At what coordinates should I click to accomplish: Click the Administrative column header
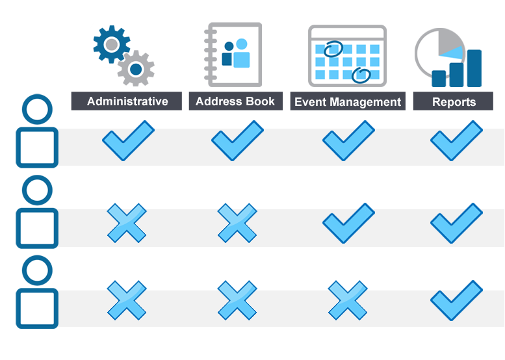pos(127,101)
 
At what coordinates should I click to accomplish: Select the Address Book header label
pos(235,101)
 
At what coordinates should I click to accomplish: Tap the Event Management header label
pos(348,101)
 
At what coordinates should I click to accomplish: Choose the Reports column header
pos(453,101)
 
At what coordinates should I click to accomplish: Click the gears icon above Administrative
pos(122,55)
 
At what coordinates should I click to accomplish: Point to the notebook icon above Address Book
pos(233,55)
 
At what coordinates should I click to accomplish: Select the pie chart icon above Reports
pos(448,57)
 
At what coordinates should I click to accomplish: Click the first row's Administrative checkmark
pos(128,142)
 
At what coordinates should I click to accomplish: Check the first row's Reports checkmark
pos(456,142)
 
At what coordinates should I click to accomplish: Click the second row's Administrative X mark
pos(126,225)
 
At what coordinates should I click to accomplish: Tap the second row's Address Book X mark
pos(237,225)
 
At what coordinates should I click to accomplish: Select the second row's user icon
pos(37,212)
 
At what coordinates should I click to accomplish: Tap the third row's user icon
pos(37,292)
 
